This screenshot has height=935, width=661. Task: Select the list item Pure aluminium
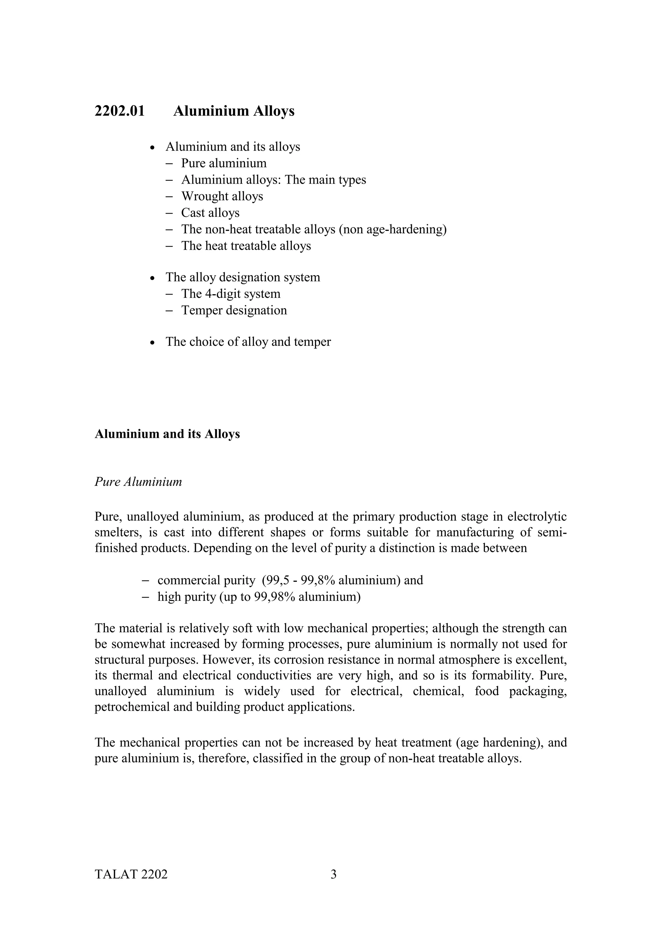(224, 163)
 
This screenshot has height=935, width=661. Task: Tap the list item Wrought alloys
(222, 196)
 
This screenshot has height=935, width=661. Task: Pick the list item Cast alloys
(210, 213)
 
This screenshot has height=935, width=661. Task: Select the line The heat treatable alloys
(246, 246)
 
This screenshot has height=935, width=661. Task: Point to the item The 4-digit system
(230, 294)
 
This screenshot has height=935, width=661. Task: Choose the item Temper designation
(234, 310)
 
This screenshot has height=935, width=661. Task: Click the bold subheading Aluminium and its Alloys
(167, 434)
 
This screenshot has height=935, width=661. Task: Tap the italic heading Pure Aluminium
(138, 482)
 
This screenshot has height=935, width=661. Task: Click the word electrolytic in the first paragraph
(537, 517)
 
